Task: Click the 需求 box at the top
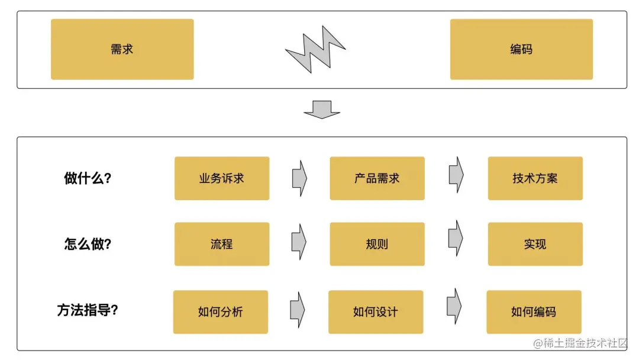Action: pyautogui.click(x=122, y=49)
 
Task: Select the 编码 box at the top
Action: pyautogui.click(x=521, y=49)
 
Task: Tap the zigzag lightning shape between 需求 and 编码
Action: pyautogui.click(x=315, y=49)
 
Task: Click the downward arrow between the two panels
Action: pyautogui.click(x=322, y=110)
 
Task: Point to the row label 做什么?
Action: pyautogui.click(x=88, y=178)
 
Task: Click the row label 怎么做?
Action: pyautogui.click(x=88, y=244)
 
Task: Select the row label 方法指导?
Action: pyautogui.click(x=88, y=310)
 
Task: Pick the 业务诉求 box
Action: pyautogui.click(x=222, y=178)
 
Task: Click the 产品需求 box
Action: pyautogui.click(x=377, y=178)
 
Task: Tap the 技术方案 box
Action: pyautogui.click(x=535, y=178)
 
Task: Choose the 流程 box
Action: pyautogui.click(x=222, y=244)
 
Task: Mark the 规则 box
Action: pyautogui.click(x=377, y=244)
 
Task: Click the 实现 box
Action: pyautogui.click(x=535, y=244)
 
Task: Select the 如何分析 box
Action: pyautogui.click(x=221, y=312)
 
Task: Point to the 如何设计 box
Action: pyautogui.click(x=376, y=312)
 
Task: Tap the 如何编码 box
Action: pyautogui.click(x=534, y=312)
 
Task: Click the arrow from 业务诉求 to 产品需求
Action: pyautogui.click(x=299, y=178)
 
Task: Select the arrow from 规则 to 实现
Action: pyautogui.click(x=456, y=238)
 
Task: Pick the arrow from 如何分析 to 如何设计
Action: pyautogui.click(x=298, y=308)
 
